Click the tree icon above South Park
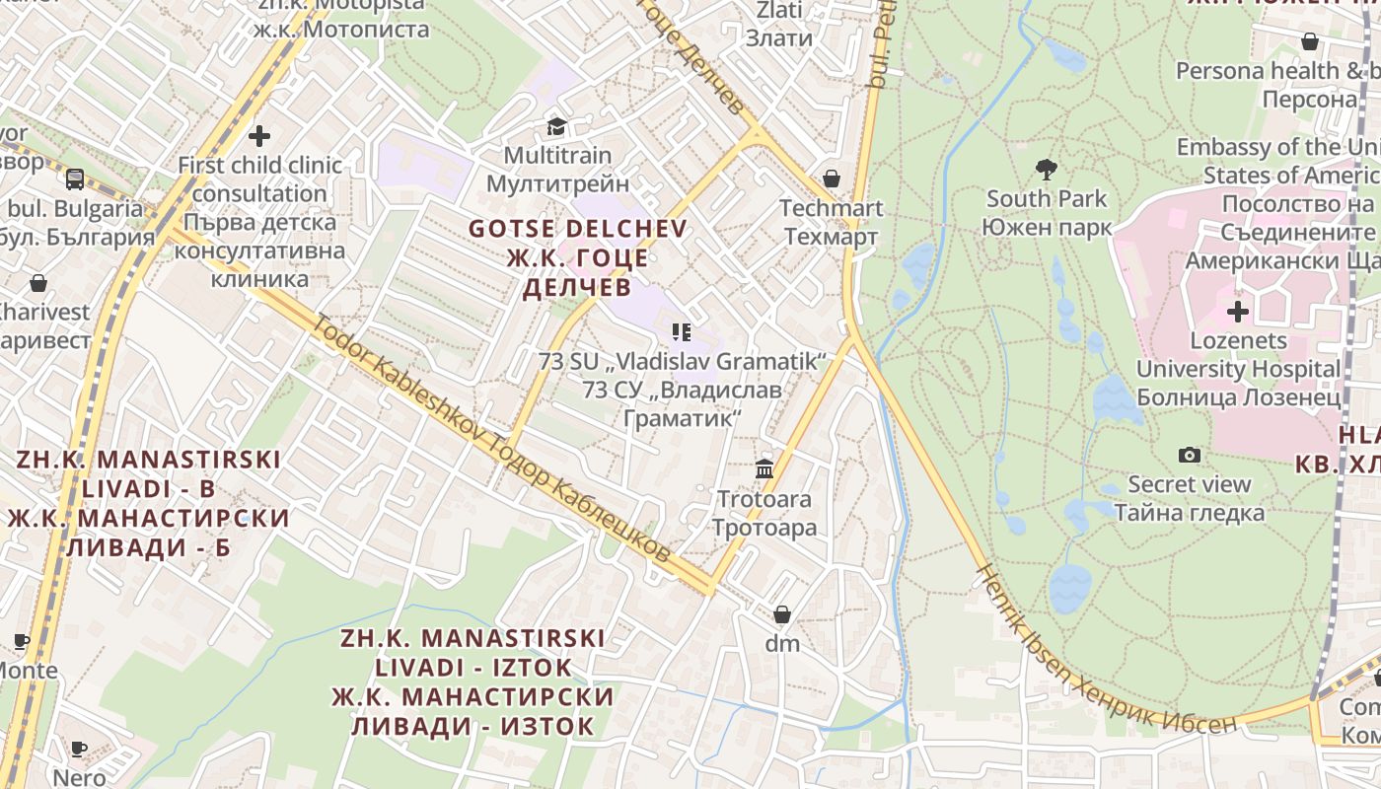[1047, 170]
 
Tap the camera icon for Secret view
[1190, 455]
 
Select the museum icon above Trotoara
[764, 468]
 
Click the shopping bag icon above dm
[782, 614]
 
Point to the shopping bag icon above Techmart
[831, 179]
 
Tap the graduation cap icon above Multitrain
[557, 126]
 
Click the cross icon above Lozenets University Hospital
[1237, 312]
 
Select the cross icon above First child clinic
[259, 135]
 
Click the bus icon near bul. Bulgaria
[75, 179]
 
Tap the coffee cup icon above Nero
[79, 749]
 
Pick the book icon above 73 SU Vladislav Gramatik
[681, 332]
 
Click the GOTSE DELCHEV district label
[577, 257]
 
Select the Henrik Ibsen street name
[1104, 659]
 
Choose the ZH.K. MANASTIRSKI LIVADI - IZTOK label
[472, 681]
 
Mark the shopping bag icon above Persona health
[1310, 41]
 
